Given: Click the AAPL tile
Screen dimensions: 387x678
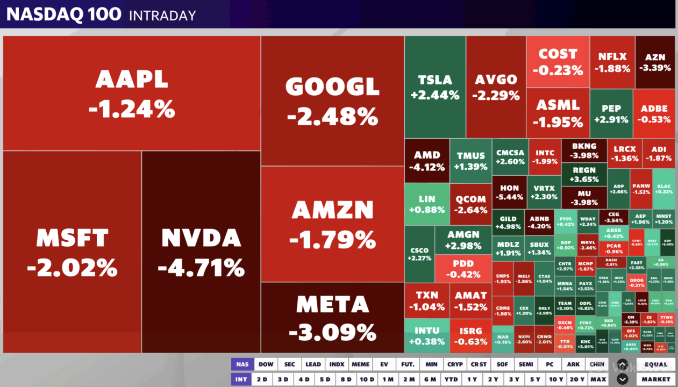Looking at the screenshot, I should click(x=132, y=94).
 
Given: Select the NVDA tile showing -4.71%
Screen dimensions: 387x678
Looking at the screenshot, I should click(x=201, y=252).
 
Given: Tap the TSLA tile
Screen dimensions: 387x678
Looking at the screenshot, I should click(x=435, y=87).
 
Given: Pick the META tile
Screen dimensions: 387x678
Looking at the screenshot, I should click(x=332, y=318).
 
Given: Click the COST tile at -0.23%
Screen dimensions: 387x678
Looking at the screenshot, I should click(x=558, y=62).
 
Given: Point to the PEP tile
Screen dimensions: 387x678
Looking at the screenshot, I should click(x=611, y=113).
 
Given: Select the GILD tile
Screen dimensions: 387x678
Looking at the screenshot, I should click(x=508, y=223).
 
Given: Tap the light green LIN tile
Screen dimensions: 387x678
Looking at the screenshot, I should click(x=427, y=204).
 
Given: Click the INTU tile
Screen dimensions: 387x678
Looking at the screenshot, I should click(x=427, y=335).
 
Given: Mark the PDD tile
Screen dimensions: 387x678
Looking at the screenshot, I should click(x=463, y=269).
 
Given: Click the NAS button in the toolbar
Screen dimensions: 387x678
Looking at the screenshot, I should click(x=242, y=364).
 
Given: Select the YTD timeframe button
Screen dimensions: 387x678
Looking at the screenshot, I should click(x=451, y=379).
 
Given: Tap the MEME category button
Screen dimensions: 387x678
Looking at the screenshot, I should click(x=360, y=364).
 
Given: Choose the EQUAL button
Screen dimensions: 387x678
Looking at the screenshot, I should click(x=656, y=364).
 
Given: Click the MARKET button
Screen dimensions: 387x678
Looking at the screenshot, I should click(x=656, y=379).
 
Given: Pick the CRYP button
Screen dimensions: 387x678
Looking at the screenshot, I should click(x=455, y=364).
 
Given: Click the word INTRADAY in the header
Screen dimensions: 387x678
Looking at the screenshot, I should click(x=162, y=16).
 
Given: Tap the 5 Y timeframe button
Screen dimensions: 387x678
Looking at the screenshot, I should click(x=534, y=379).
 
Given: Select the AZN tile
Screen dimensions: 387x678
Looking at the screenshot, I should click(x=655, y=62).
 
